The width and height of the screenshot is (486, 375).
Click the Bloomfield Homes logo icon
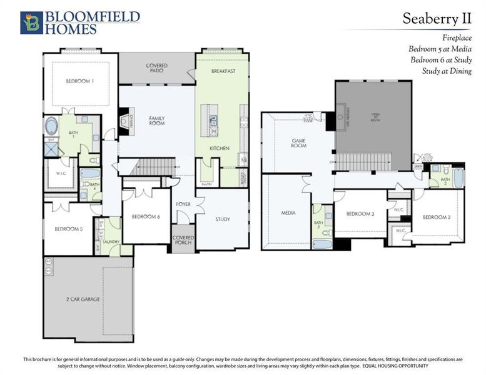(x=31, y=22)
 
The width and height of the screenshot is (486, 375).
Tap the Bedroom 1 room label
(x=80, y=81)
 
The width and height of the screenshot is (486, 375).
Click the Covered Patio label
(x=156, y=68)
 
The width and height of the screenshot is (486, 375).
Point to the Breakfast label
(x=223, y=71)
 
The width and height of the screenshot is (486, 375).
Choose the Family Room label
(x=156, y=121)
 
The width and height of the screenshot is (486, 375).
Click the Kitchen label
(x=219, y=148)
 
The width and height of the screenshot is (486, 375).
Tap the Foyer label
(x=183, y=204)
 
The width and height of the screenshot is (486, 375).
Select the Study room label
(x=222, y=219)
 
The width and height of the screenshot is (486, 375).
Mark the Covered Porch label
(x=183, y=241)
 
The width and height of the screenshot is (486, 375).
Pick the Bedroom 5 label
(x=68, y=229)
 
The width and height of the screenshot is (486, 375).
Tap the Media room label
(x=288, y=213)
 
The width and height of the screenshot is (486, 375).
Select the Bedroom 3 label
(x=360, y=214)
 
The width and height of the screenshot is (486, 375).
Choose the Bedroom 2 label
(x=436, y=217)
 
